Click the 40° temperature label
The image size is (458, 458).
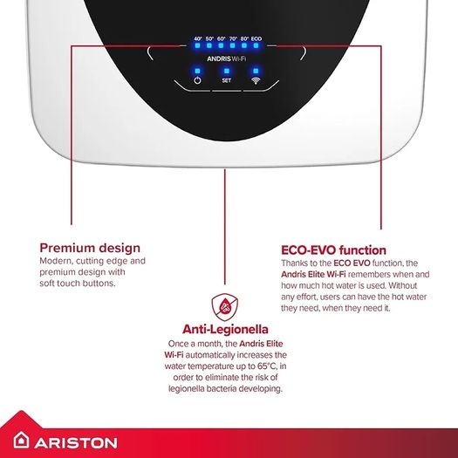pos(198,38)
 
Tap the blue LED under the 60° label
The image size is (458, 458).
pos(221,45)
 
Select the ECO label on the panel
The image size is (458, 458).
pos(256,38)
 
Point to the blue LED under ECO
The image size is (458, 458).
pos(256,45)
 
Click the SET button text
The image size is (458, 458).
pos(226,80)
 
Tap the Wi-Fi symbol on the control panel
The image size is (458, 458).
pos(256,80)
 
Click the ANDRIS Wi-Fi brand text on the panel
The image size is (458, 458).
pos(226,58)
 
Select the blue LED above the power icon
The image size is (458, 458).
pos(197,71)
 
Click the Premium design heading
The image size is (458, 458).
pos(90,248)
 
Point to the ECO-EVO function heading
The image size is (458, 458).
pos(333,250)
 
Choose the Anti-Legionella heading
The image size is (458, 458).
pos(225,329)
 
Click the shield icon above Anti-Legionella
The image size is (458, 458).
pos(224,307)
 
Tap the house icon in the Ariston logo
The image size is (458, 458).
pos(21,440)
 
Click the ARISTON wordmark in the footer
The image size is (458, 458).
pos(76,443)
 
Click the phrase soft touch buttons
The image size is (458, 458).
pos(77,284)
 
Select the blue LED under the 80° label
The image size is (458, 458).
pos(244,45)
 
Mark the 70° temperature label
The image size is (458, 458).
pos(233,38)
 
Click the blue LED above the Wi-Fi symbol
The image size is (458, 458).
pos(256,71)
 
